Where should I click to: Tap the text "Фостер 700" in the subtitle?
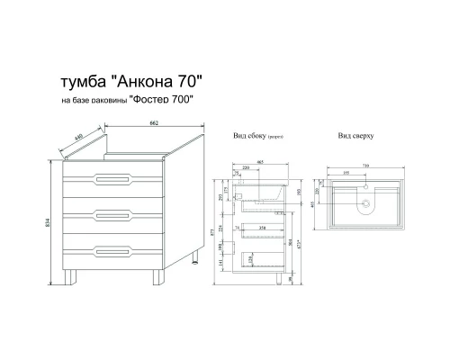[x=163, y=103]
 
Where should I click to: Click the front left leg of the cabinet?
[x=69, y=277]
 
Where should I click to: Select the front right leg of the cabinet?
[x=158, y=277]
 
